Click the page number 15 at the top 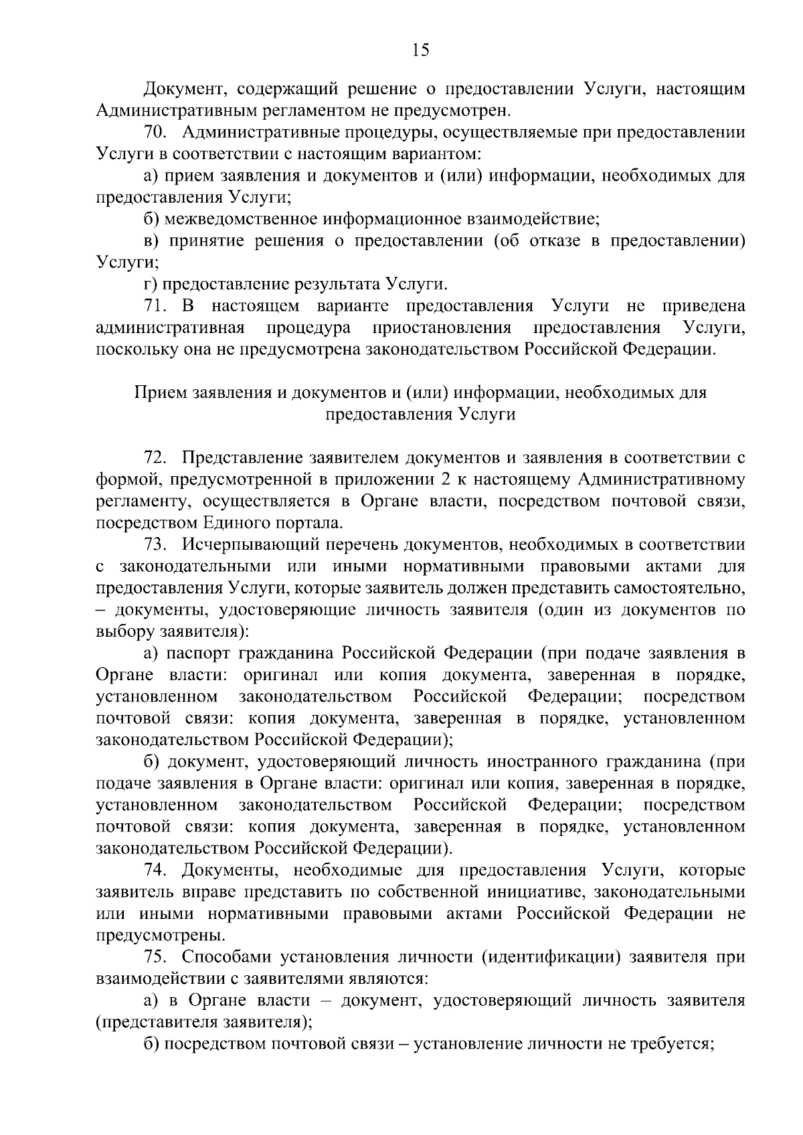point(421,51)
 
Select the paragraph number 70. point(154,132)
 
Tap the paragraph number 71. point(154,306)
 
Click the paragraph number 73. point(154,545)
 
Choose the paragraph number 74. point(154,871)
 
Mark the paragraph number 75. point(154,958)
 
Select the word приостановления point(442,328)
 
